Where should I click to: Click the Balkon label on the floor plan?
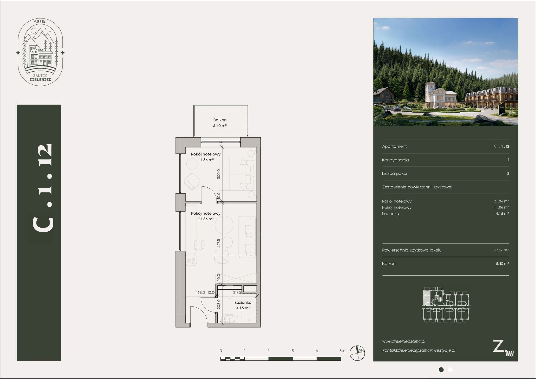220,120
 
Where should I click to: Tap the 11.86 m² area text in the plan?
206,160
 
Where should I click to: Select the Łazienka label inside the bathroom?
243,302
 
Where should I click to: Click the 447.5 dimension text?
219,243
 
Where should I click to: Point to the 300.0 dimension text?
219,174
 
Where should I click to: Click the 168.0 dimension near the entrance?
200,292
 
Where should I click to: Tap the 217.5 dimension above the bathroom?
237,292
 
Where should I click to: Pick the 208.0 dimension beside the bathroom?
219,304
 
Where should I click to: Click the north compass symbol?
357,353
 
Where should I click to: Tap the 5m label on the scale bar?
342,351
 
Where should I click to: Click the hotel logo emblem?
40,52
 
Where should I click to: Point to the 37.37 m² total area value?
501,250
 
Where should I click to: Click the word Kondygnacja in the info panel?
395,160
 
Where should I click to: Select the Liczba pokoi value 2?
508,173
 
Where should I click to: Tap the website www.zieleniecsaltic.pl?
404,341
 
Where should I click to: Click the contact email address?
419,350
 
